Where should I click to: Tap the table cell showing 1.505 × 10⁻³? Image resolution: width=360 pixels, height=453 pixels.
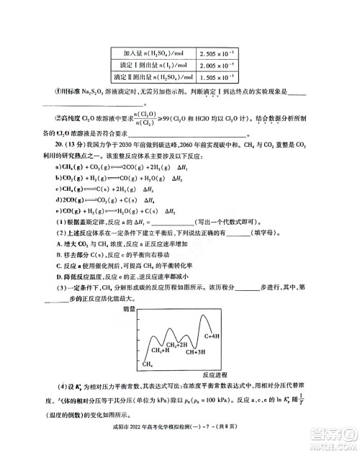(x=215, y=76)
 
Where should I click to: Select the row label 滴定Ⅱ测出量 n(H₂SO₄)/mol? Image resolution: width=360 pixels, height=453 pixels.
(x=156, y=76)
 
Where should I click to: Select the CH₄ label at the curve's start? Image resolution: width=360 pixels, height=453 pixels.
(x=148, y=365)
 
